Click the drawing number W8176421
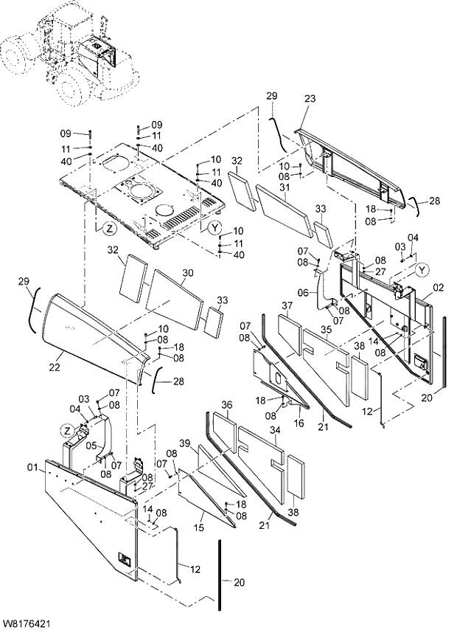27,623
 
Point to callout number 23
309,99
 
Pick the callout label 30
187,273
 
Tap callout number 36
227,405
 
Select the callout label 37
287,306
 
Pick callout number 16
299,424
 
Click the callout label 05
91,446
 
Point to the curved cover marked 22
88,328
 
